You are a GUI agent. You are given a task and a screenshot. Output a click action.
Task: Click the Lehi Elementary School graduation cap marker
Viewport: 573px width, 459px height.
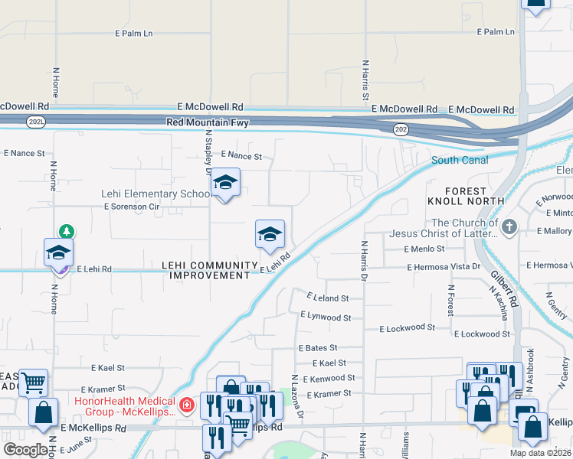tap(225, 183)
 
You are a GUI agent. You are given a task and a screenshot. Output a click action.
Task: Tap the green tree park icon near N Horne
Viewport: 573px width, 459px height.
tap(67, 230)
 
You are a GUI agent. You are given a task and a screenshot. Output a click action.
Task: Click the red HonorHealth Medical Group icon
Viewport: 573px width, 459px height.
tap(186, 404)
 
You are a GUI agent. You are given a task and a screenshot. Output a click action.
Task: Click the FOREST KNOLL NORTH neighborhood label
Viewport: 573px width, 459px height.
tap(467, 196)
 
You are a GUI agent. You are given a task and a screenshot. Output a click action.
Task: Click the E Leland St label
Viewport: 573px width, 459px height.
tap(327, 298)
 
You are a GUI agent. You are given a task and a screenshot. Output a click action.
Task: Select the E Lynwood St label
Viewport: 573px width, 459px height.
tap(326, 316)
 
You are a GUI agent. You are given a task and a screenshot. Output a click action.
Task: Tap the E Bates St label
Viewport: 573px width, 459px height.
tap(317, 347)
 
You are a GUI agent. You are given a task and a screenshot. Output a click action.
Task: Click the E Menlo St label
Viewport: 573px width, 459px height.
tap(424, 249)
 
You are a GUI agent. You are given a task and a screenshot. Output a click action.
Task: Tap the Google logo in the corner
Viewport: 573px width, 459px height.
tap(25, 450)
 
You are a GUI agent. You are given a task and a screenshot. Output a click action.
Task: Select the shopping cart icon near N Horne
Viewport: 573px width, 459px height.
tap(33, 382)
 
